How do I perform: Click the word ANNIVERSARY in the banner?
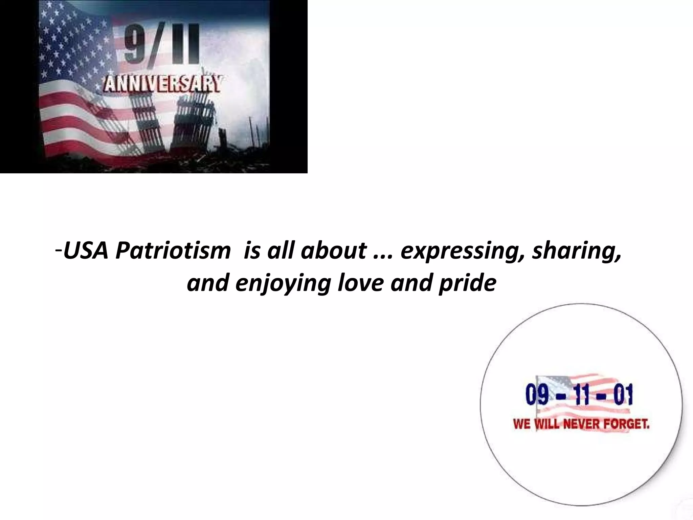(x=162, y=85)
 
